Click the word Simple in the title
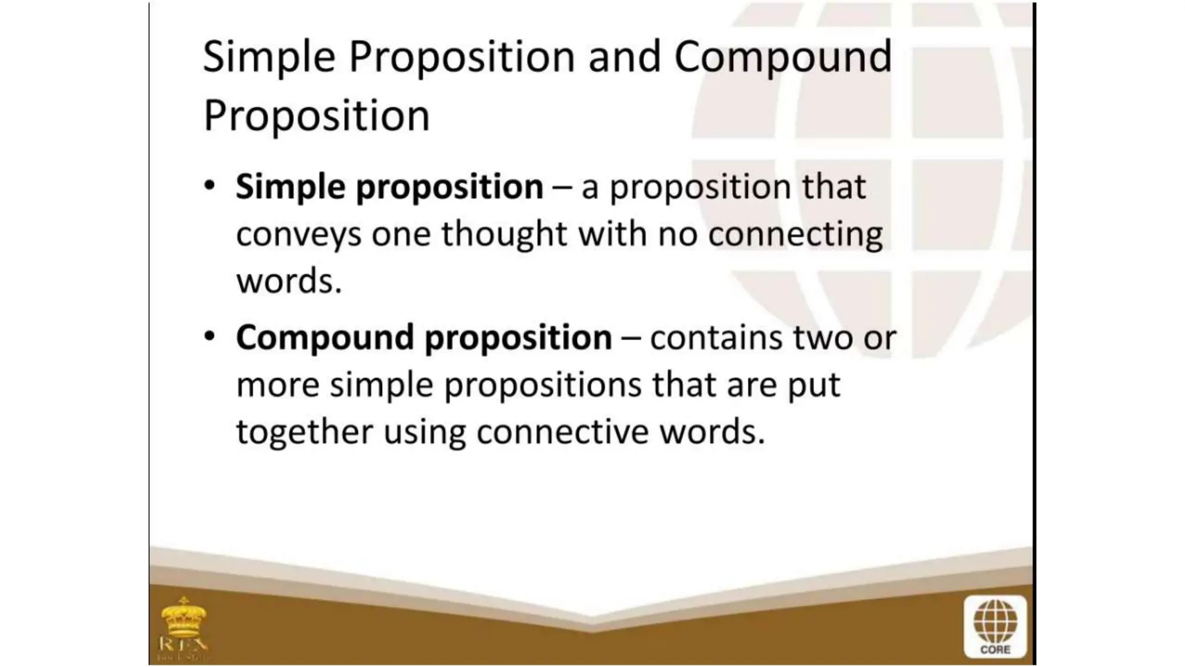click(x=269, y=58)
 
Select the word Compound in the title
click(x=783, y=58)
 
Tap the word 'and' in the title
click(x=624, y=57)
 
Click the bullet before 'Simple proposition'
click(x=210, y=186)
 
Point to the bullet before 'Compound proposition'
click(x=210, y=336)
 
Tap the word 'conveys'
click(x=299, y=235)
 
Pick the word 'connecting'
click(x=796, y=235)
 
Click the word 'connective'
click(x=562, y=432)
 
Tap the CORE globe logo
click(x=995, y=627)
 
